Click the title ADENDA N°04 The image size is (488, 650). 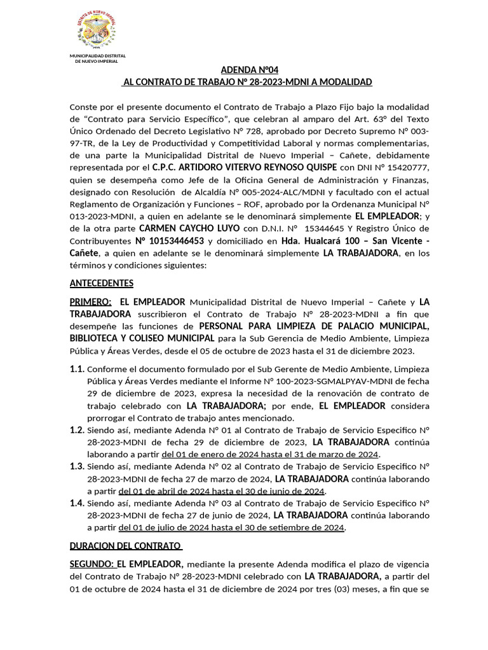tap(249, 70)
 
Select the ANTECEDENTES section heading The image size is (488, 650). tap(101, 283)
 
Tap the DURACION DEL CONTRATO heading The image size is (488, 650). tap(126, 546)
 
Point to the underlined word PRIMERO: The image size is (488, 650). tap(90, 302)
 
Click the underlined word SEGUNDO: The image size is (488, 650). tap(92, 564)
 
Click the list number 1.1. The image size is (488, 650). tap(77, 369)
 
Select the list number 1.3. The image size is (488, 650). tap(77, 467)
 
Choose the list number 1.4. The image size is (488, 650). tap(77, 503)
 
